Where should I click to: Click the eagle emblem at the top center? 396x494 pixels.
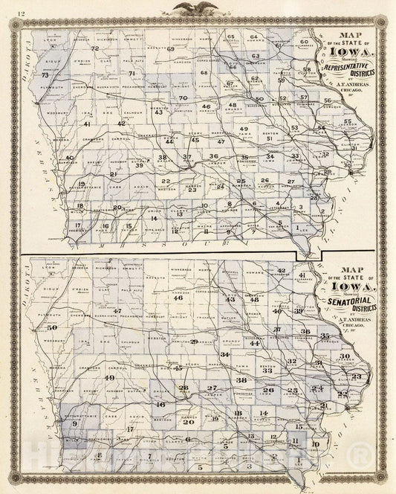coord(198,8)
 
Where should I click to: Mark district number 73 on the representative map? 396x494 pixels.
coord(45,75)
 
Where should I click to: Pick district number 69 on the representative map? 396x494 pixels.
coord(170,48)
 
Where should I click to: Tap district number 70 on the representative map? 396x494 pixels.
coord(182,97)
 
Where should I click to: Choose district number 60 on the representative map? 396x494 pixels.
coord(304,42)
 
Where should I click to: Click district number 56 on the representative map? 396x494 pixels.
coord(328,100)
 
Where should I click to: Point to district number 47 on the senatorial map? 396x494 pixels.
coord(117,310)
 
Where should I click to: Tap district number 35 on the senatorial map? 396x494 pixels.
coord(324,336)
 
